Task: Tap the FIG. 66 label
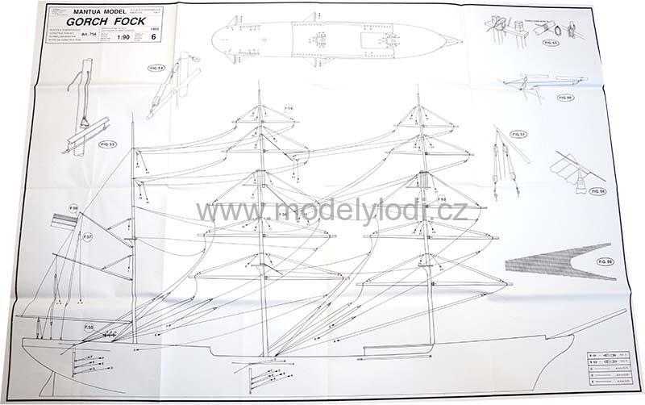click(x=564, y=97)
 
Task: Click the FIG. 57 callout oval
click(x=519, y=135)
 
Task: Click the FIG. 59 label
click(x=605, y=261)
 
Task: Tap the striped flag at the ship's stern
click(x=62, y=219)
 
